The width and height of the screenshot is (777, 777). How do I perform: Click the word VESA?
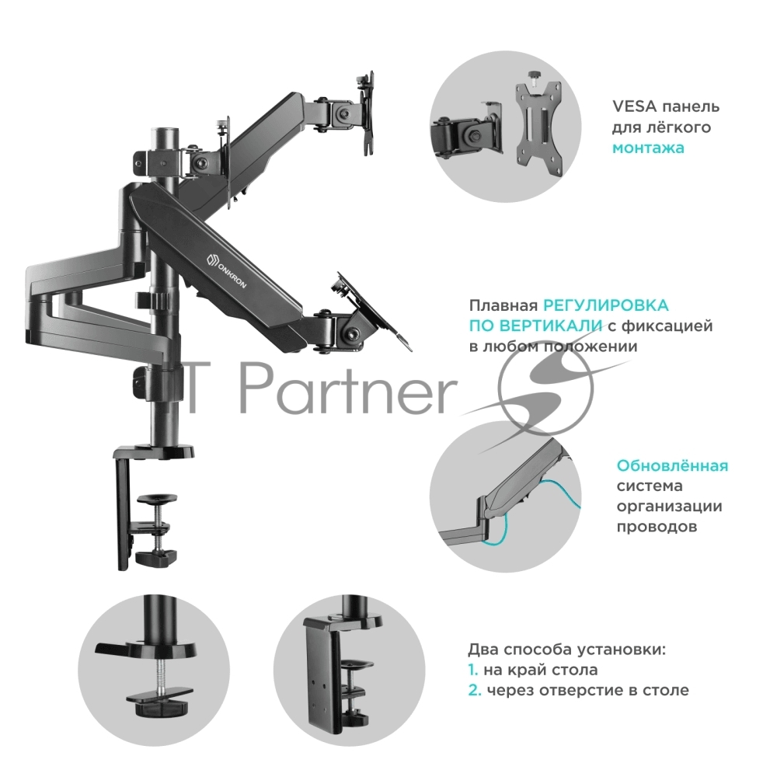[634, 106]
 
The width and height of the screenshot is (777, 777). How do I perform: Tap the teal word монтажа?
[648, 148]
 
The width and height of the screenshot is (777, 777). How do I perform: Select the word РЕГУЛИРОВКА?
[606, 305]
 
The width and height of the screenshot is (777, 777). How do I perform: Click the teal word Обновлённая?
[672, 465]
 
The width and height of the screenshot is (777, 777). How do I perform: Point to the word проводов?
[657, 527]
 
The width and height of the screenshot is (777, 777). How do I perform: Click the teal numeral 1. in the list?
[472, 670]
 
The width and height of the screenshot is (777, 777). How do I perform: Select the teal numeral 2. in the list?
[475, 690]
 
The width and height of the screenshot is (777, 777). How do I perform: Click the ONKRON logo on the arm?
[226, 270]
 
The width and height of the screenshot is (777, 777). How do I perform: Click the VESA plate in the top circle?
[538, 128]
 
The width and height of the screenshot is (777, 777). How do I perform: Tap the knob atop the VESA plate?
[535, 76]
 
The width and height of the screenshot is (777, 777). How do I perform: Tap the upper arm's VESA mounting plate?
[368, 113]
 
